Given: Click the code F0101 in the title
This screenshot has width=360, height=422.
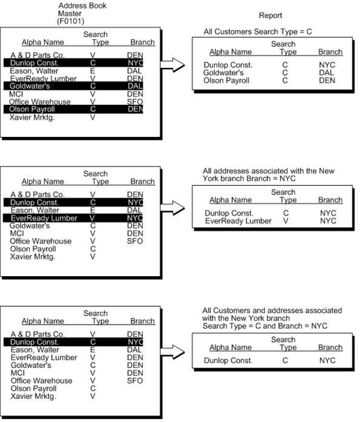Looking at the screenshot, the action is click(x=71, y=21).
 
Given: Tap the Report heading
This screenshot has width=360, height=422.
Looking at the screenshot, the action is click(x=270, y=16).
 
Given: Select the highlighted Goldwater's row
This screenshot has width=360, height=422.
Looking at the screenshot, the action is click(x=73, y=86).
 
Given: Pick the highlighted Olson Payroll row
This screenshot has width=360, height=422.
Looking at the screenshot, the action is click(x=73, y=110).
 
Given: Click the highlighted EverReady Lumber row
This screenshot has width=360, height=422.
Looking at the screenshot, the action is click(x=73, y=218).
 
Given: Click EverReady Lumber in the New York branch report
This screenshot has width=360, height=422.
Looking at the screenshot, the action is click(x=238, y=221).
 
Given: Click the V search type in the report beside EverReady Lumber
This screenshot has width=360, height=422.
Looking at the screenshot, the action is click(x=284, y=221).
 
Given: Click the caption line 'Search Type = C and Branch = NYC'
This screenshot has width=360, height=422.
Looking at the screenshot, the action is click(x=264, y=326).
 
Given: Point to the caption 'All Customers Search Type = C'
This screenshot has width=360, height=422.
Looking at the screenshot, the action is click(x=258, y=31).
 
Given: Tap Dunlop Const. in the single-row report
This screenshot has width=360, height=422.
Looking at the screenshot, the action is click(x=228, y=361).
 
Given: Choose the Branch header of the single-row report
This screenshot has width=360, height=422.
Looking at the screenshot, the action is click(x=330, y=348).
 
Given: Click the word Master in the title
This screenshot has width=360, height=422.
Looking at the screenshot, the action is click(x=70, y=13).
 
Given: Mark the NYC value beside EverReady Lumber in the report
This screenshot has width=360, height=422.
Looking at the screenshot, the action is click(x=328, y=221).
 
